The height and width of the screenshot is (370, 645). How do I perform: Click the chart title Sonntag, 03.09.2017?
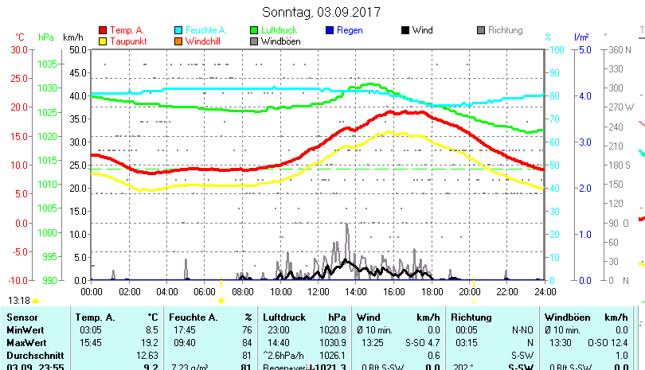pyautogui.click(x=321, y=12)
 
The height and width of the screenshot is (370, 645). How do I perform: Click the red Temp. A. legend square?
pyautogui.click(x=104, y=30)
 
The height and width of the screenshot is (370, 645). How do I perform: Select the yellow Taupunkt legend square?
pyautogui.click(x=104, y=41)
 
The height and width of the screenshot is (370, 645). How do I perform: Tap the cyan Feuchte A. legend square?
pyautogui.click(x=179, y=30)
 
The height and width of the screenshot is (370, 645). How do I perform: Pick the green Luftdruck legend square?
pyautogui.click(x=255, y=30)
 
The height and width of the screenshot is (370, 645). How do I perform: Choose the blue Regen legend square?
pyautogui.click(x=330, y=30)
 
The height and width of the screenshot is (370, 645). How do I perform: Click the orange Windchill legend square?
pyautogui.click(x=179, y=41)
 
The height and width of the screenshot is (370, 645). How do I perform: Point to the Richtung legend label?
pyautogui.click(x=505, y=30)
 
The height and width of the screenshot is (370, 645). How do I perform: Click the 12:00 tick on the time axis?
pyautogui.click(x=318, y=291)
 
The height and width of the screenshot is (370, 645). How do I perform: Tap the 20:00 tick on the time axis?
pyautogui.click(x=469, y=291)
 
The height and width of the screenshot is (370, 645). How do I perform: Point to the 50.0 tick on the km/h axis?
pyautogui.click(x=78, y=49)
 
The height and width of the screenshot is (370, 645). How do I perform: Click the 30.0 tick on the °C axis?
pyautogui.click(x=19, y=49)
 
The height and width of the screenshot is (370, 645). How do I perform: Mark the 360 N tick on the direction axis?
pyautogui.click(x=620, y=49)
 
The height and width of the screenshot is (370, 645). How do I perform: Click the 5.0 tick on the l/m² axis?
pyautogui.click(x=583, y=49)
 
